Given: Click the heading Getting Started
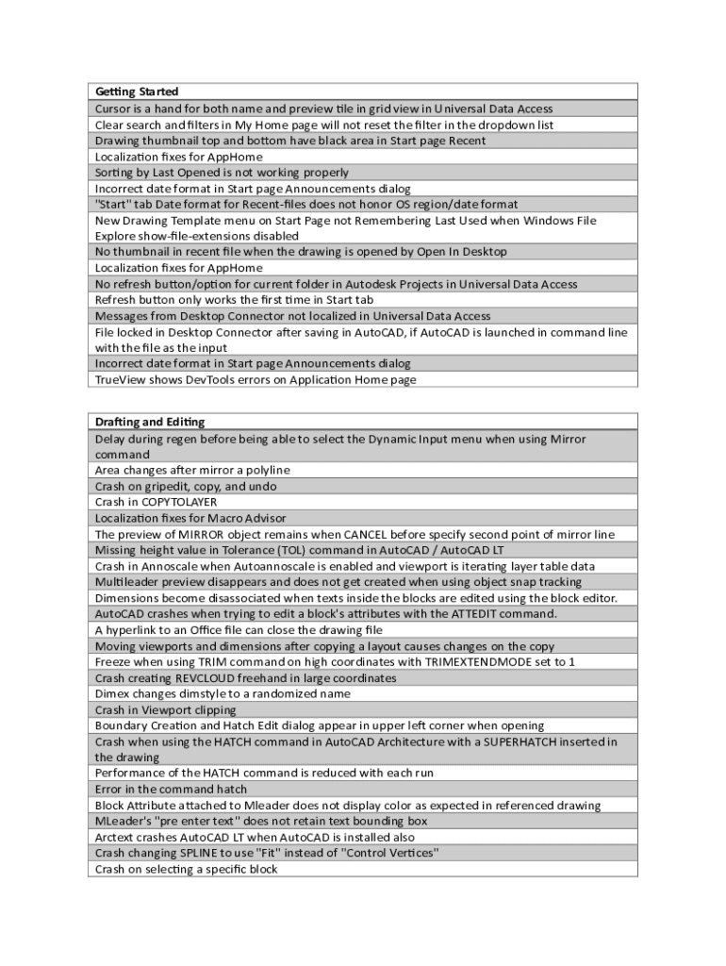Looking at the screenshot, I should tap(137, 92).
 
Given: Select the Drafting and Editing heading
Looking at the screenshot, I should tap(150, 422).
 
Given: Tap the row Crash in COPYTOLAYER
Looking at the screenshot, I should tap(156, 502).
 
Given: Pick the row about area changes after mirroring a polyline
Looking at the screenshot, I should tap(192, 470).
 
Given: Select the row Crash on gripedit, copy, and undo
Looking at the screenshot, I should tap(186, 486).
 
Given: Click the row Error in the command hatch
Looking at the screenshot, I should tap(171, 789).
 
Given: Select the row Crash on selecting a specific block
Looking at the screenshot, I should tap(186, 869).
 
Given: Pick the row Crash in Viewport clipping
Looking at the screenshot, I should tap(165, 709).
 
